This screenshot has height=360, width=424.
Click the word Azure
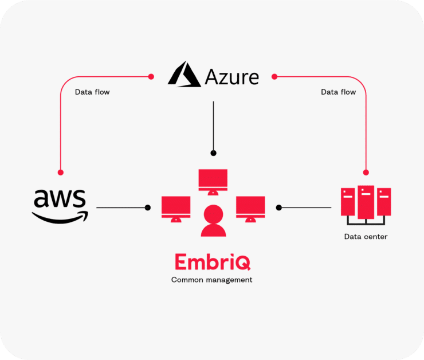pos(230,76)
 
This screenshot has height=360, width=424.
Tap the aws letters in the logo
pos(60,199)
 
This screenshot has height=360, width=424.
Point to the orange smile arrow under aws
pos(61,217)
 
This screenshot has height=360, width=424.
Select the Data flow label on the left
pos(92,92)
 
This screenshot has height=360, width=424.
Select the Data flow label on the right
pos(338,92)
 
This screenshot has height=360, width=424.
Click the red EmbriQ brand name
pos(213,263)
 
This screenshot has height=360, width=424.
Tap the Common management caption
pos(212,280)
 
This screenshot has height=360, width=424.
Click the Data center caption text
pos(366,236)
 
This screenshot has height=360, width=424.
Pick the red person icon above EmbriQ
pos(213,221)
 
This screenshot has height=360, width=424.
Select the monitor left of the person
pos(176,208)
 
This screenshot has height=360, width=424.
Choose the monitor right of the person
pos(250,208)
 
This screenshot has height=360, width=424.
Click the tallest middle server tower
pos(366,202)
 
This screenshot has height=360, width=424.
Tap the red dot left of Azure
pos(151,76)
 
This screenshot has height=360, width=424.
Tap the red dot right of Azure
pos(274,76)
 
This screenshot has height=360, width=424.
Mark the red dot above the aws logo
pos(60,172)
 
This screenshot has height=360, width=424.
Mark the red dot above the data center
pos(366,172)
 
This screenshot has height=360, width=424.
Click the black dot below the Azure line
pos(213,153)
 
